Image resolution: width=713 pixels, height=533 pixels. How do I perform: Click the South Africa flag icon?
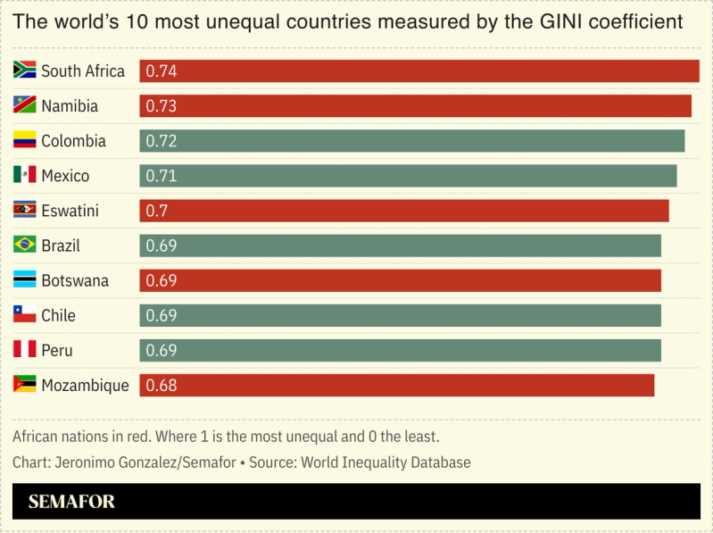pyautogui.click(x=24, y=71)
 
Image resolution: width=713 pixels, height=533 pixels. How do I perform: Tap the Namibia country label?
pyautogui.click(x=70, y=106)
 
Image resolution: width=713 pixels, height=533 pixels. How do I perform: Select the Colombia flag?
pyautogui.click(x=24, y=140)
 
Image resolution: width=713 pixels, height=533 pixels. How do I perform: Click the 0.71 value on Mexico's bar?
pyautogui.click(x=161, y=176)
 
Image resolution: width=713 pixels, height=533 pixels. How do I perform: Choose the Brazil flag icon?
pyautogui.click(x=24, y=245)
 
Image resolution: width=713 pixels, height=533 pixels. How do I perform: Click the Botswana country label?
pyautogui.click(x=75, y=280)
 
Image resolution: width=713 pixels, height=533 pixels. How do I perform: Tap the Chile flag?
pyautogui.click(x=24, y=314)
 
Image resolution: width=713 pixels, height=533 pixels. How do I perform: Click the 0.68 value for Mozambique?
pyautogui.click(x=161, y=386)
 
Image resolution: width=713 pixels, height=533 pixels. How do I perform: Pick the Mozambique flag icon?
pyautogui.click(x=24, y=385)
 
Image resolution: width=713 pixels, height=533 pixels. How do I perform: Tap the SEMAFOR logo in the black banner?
pyautogui.click(x=71, y=502)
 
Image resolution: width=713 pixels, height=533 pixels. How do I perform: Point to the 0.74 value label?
pyautogui.click(x=161, y=71)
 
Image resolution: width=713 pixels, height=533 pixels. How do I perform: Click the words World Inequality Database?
pyautogui.click(x=386, y=462)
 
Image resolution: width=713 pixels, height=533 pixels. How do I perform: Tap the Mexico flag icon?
pyautogui.click(x=24, y=175)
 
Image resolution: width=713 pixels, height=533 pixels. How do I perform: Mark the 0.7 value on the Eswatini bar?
pyautogui.click(x=157, y=211)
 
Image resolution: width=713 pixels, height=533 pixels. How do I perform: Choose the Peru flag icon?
pyautogui.click(x=24, y=349)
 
